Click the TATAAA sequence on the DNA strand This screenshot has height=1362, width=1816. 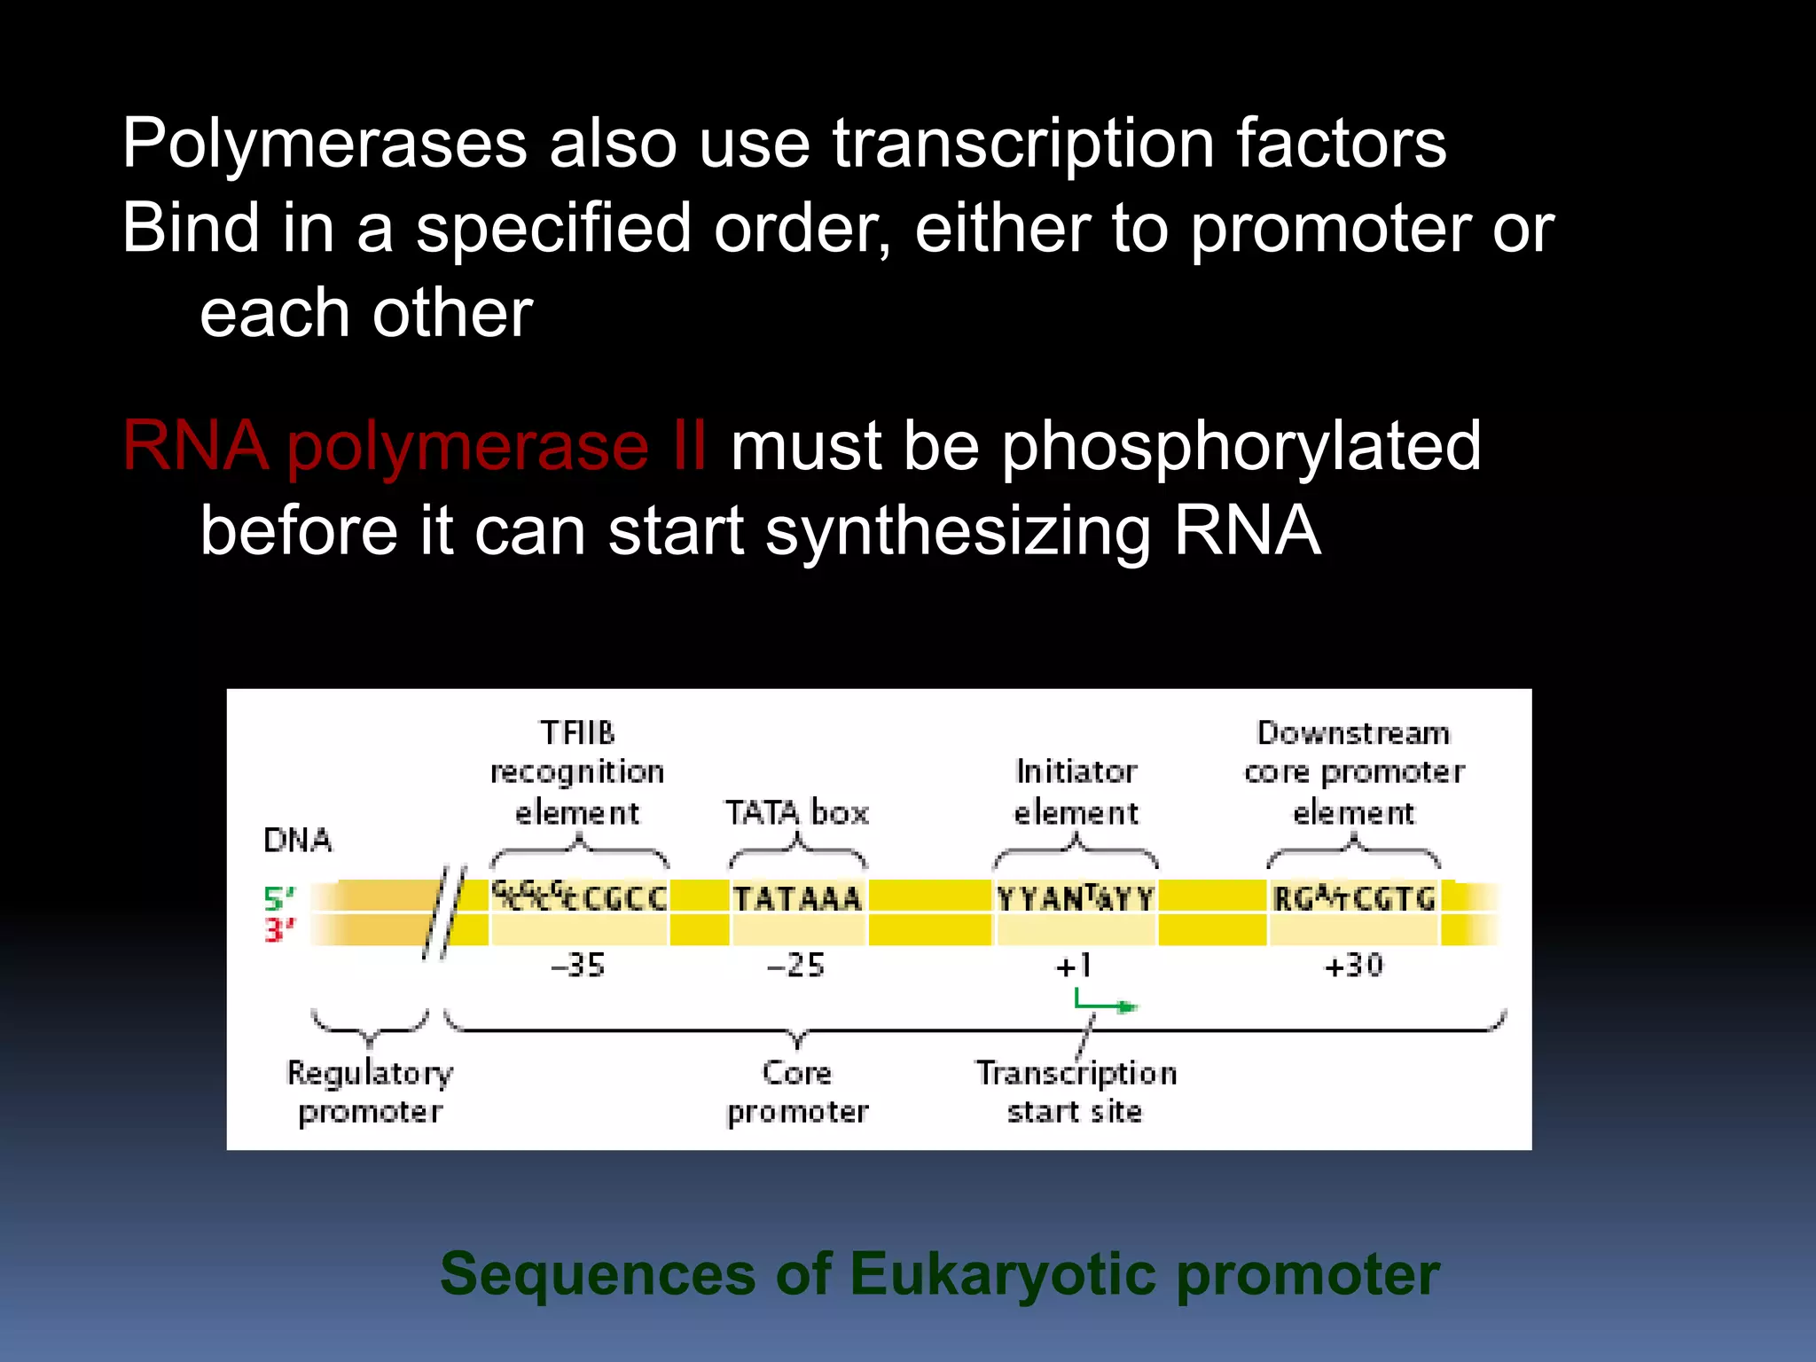[x=797, y=899]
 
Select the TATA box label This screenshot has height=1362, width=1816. [x=796, y=812]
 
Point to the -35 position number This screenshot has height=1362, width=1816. [x=578, y=965]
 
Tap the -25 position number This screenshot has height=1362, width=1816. [x=795, y=965]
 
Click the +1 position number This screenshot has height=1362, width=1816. [x=1074, y=965]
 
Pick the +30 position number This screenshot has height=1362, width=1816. [x=1353, y=965]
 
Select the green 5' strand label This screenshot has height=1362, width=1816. [x=278, y=899]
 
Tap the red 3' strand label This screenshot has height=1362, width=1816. [x=278, y=930]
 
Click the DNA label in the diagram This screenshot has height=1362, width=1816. [x=298, y=840]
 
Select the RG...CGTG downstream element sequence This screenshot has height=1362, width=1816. [x=1353, y=899]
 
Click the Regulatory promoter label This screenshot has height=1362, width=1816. [x=370, y=1092]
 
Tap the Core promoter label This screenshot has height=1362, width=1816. [x=797, y=1092]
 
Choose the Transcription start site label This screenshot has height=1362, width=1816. [x=1076, y=1092]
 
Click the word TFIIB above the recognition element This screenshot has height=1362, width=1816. [x=577, y=733]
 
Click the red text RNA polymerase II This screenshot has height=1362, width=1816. [x=414, y=445]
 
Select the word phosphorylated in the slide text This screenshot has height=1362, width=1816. [x=1241, y=447]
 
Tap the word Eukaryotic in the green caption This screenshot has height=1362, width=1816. [x=1003, y=1274]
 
